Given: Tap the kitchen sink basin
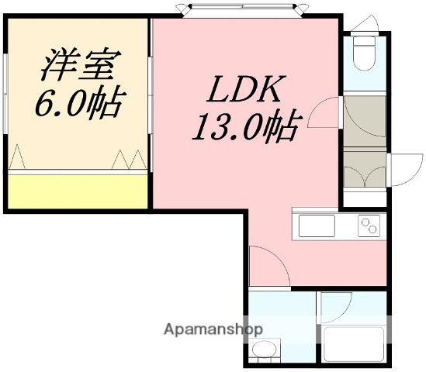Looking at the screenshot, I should point(315,227).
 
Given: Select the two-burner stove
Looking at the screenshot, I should point(368,226).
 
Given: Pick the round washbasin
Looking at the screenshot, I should point(266,350).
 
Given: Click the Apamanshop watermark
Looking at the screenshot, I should point(214,329).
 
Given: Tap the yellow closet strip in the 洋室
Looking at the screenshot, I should point(78,188).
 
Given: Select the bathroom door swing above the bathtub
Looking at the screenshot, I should point(334,308).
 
